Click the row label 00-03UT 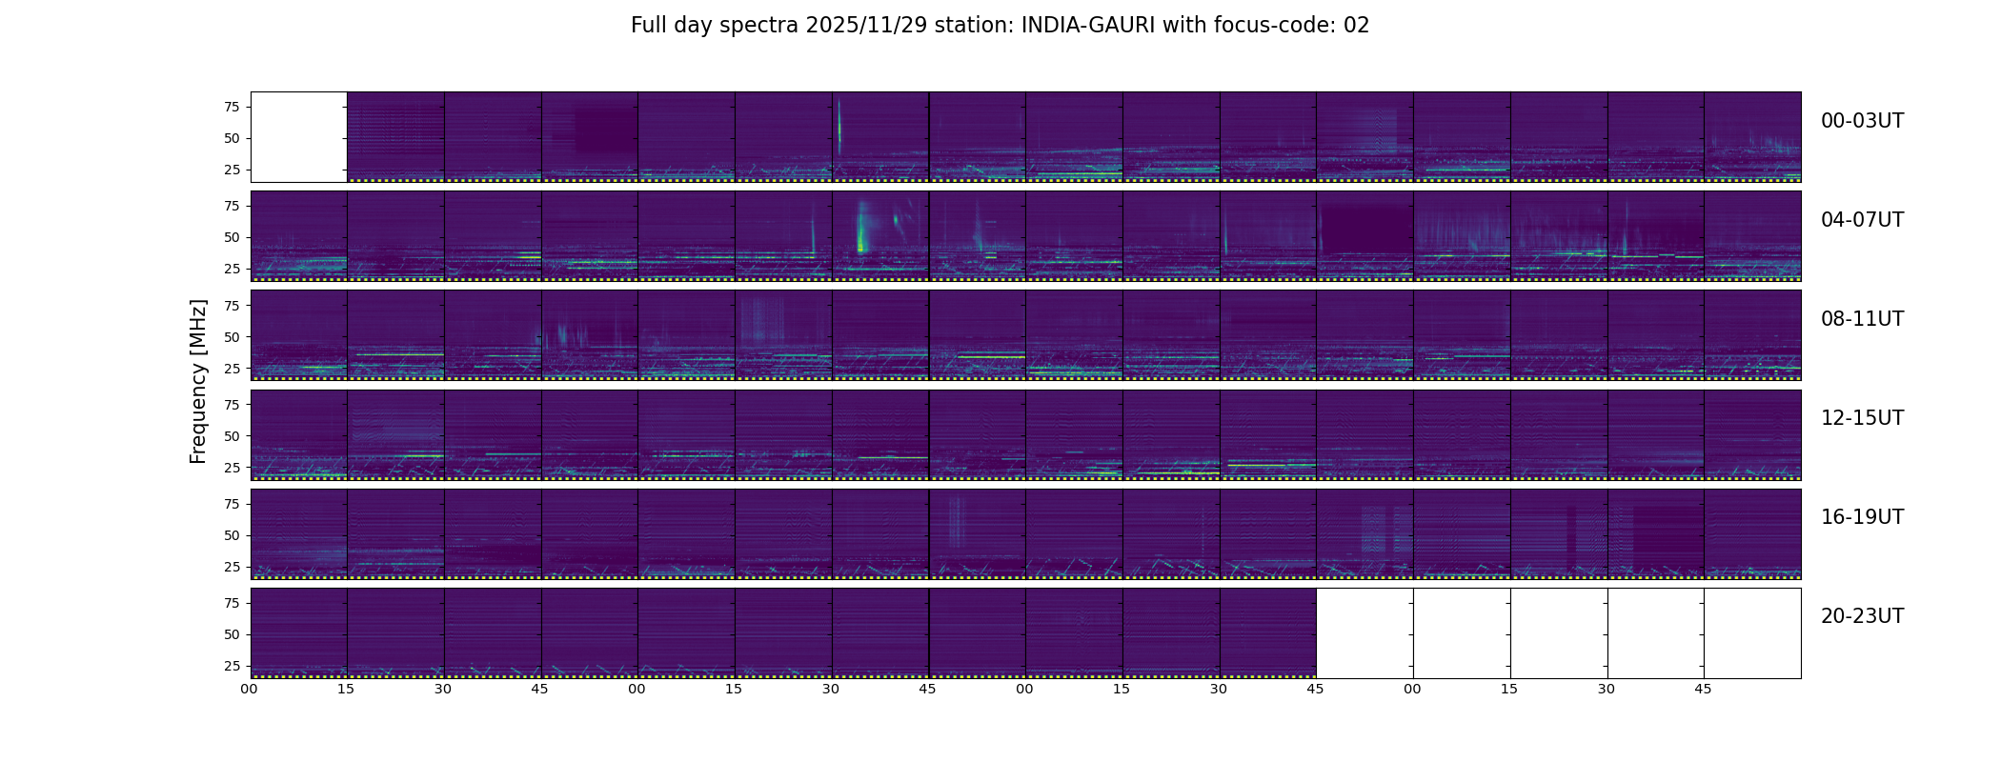click(x=1862, y=121)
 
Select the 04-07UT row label click(x=1862, y=220)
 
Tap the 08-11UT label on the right click(x=1862, y=319)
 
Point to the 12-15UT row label click(x=1862, y=418)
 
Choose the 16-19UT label click(x=1862, y=517)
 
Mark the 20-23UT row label click(x=1862, y=616)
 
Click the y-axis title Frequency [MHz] click(x=198, y=382)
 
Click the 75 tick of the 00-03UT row click(x=232, y=107)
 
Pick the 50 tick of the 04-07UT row click(x=232, y=237)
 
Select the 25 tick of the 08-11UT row click(x=232, y=368)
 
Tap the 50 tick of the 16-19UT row click(x=232, y=535)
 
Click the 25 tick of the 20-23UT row click(x=232, y=666)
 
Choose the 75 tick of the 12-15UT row click(x=232, y=405)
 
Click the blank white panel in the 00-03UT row click(x=299, y=137)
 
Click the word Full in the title click(x=647, y=26)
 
